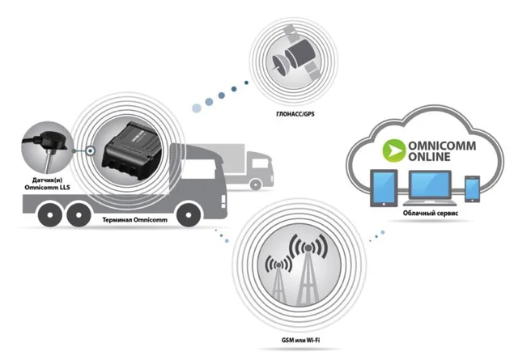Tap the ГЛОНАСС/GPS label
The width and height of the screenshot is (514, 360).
pos(291,116)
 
